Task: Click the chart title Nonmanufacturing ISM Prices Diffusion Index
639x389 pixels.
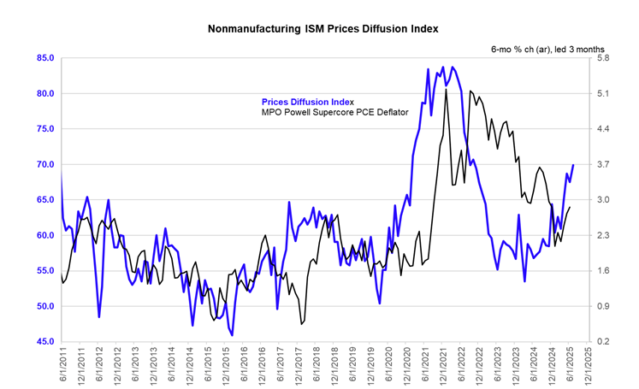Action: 322,29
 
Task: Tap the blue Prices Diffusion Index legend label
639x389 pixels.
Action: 307,102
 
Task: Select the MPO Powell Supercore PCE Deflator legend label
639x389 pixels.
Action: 335,112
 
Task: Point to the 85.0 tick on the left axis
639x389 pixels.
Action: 45,58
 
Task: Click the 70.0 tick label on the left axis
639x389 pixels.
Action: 45,164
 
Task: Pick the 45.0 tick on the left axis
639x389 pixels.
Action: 45,341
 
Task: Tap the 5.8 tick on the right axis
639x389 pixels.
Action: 603,58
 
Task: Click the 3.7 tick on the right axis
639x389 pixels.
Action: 603,164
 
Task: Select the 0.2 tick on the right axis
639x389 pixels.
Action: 603,341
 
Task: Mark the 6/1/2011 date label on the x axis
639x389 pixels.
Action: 63,365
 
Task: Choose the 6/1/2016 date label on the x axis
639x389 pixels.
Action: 244,365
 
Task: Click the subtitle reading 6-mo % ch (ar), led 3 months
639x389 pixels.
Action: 547,50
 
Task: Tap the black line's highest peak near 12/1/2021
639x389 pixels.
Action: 446,89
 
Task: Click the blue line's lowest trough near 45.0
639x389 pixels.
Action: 232,335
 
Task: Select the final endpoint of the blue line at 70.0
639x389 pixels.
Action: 573,165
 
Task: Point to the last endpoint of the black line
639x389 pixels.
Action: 570,208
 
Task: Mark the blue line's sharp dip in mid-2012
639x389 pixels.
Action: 99,317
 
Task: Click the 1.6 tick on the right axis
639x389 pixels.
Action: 603,271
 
